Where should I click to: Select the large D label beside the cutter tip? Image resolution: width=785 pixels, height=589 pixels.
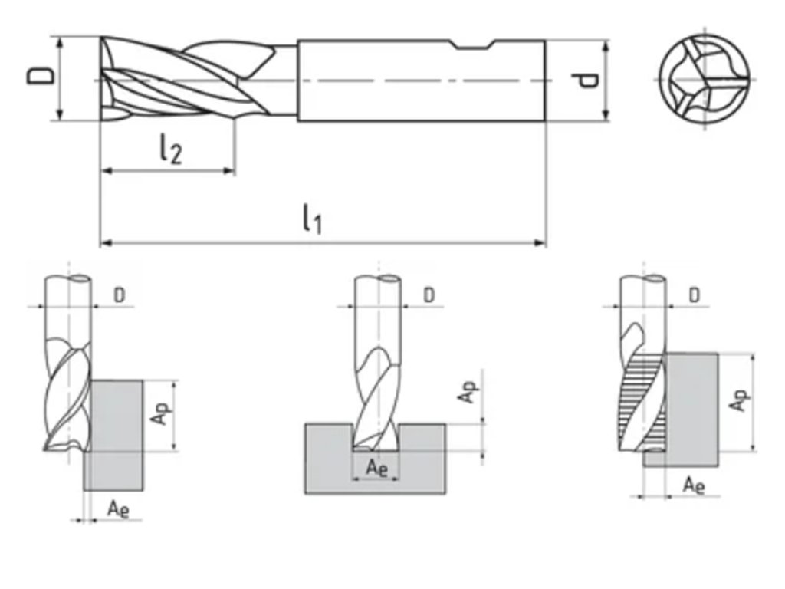click(41, 77)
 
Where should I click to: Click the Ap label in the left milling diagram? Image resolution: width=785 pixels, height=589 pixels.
click(159, 415)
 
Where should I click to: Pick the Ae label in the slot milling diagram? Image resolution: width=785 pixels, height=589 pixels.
click(376, 468)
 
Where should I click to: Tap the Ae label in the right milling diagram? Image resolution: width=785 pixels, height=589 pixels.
click(694, 485)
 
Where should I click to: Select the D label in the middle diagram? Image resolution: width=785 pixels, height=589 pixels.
click(429, 294)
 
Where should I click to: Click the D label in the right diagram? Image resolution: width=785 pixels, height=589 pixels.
click(694, 294)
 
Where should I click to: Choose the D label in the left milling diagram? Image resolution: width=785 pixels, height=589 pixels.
click(120, 294)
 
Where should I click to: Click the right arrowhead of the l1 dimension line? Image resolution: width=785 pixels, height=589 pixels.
click(542, 243)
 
